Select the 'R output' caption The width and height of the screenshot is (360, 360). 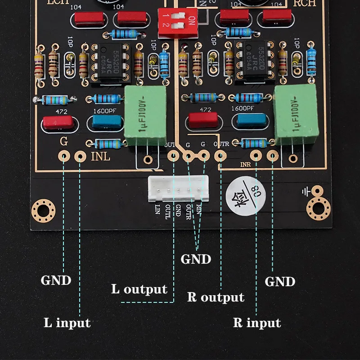[216, 297]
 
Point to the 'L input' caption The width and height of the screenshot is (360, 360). [67, 323]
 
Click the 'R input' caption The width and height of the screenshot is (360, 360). [257, 323]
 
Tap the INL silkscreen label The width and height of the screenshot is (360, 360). [100, 157]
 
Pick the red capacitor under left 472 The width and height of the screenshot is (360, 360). [57, 123]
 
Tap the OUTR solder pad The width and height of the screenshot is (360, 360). [220, 156]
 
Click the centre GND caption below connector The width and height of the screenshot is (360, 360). [196, 259]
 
